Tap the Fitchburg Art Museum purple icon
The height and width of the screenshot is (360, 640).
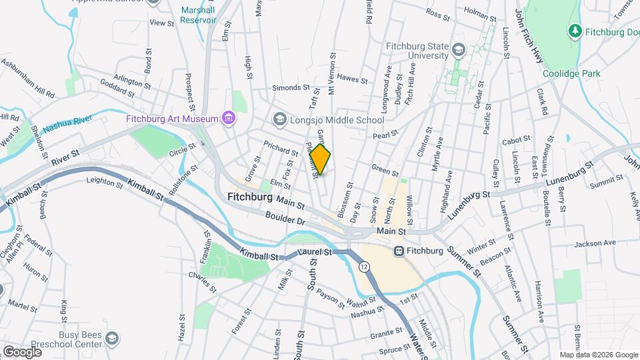[x=229, y=119]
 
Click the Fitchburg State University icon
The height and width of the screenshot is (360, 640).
[x=458, y=50]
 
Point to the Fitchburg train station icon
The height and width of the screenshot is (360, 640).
[x=399, y=251]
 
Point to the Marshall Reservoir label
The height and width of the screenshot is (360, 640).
[x=199, y=15]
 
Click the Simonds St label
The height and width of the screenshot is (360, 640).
[x=291, y=87]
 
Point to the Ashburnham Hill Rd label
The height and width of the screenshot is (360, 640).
[x=28, y=78]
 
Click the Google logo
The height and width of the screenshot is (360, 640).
[x=22, y=351]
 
